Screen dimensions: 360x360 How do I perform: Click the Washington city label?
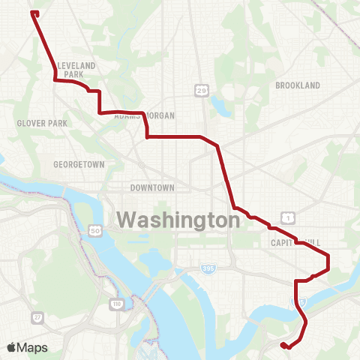point(178,220)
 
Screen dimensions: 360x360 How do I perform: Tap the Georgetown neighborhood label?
point(79,164)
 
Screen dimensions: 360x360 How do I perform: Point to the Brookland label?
point(298,85)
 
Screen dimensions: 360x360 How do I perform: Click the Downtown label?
point(152,187)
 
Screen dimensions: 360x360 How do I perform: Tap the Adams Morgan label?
point(145,115)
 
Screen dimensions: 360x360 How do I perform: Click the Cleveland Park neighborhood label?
point(76,70)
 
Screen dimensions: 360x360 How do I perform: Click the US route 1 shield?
point(289,217)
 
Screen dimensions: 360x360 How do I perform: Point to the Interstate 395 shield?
point(208,268)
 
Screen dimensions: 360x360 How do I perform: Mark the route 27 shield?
point(37,318)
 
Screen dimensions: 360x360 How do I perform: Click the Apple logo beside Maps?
point(12,347)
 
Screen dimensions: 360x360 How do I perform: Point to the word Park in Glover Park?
point(58,123)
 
